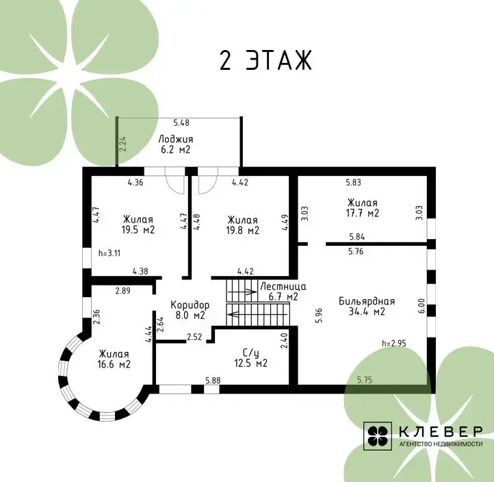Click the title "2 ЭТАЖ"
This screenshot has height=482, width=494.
(x=265, y=60)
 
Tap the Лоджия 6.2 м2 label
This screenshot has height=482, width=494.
(x=175, y=144)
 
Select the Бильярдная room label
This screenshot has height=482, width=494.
(x=367, y=306)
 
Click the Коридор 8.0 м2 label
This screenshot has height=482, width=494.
(x=190, y=310)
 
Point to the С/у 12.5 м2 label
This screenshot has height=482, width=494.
(x=251, y=358)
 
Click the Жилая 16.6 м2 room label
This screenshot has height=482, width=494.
(x=114, y=359)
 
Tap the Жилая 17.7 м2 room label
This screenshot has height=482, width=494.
(x=363, y=207)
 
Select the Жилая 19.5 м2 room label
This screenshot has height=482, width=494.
(x=138, y=225)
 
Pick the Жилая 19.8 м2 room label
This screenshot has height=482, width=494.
(x=243, y=225)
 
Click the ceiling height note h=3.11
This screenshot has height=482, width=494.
(x=109, y=253)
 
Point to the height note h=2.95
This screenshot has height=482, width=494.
(x=394, y=343)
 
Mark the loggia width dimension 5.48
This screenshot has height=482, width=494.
(x=181, y=123)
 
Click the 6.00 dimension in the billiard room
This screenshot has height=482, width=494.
(x=422, y=306)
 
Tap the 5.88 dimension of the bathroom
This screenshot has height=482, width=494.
(x=213, y=381)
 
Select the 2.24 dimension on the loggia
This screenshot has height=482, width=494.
(x=123, y=144)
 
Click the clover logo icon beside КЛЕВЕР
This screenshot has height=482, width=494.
(x=378, y=436)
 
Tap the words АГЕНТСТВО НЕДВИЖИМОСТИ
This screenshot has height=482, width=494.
(x=441, y=444)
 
